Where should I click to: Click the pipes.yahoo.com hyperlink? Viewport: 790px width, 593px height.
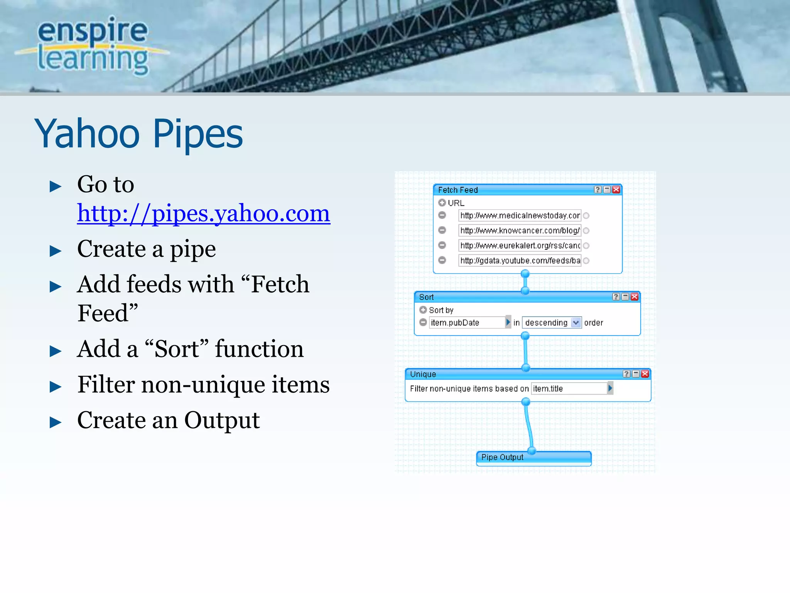[x=203, y=213]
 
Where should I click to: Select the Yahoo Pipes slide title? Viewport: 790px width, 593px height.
[x=139, y=134]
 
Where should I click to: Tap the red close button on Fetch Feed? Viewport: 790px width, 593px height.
[x=616, y=190]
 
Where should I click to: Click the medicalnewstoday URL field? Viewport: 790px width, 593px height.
[x=520, y=215]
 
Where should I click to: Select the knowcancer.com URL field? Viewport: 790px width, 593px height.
[x=520, y=230]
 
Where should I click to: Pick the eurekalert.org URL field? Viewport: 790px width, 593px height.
[x=520, y=246]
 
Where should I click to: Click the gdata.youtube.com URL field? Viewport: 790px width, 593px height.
[x=520, y=261]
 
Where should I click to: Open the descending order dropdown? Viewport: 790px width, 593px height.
[x=576, y=322]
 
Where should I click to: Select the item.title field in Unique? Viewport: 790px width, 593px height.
[x=569, y=388]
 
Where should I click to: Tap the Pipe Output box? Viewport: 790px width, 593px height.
[x=533, y=457]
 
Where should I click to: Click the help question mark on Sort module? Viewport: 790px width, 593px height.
[x=616, y=296]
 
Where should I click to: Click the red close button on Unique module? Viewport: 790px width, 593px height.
[x=645, y=374]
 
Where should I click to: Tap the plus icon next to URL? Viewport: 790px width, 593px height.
[x=442, y=203]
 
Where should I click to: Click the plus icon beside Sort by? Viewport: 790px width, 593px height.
[x=423, y=310]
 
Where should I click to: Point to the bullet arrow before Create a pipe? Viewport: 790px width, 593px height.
[x=56, y=251]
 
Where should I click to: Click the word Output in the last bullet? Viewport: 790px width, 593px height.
[x=222, y=420]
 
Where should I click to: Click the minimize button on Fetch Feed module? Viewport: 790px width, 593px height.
[x=607, y=190]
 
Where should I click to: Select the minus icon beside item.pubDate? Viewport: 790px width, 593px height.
[x=423, y=322]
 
